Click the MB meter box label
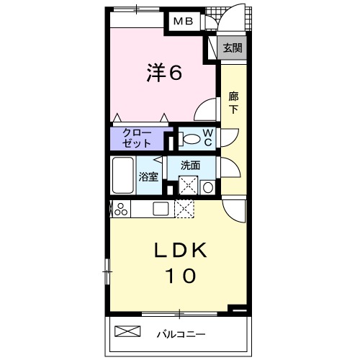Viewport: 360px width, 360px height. coord(184,22)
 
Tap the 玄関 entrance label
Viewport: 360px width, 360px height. coord(233,48)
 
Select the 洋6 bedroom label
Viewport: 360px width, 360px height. coord(165,72)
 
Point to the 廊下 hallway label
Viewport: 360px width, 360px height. coord(233,103)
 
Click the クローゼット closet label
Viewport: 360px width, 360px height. coord(136,138)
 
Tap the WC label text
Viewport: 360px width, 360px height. coord(208,138)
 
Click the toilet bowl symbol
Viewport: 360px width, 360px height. coord(189,139)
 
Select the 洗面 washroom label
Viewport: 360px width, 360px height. coord(190,166)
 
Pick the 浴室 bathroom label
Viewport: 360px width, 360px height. coord(148,177)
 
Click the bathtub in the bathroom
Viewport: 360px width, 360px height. coord(123,175)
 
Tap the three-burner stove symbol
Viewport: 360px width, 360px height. coord(121,209)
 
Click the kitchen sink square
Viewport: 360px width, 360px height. coord(161,209)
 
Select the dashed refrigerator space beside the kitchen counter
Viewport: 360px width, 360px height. coord(184,209)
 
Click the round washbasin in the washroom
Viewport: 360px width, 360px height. coord(208,187)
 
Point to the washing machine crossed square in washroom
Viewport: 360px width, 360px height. coord(189,185)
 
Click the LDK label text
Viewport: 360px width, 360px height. coord(180,250)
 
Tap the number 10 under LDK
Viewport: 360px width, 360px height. coord(180,276)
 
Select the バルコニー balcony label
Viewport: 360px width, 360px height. coord(181,334)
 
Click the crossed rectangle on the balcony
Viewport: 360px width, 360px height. coord(127,331)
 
